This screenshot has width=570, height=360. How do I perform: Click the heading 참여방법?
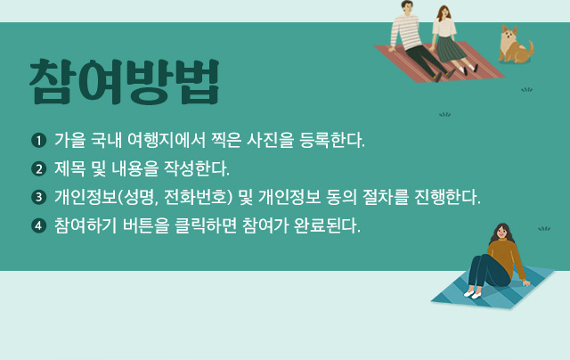click(x=125, y=82)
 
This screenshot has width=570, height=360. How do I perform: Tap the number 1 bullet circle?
click(x=39, y=141)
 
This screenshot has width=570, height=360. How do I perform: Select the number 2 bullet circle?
click(x=39, y=169)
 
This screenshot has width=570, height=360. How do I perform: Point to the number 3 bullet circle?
click(x=39, y=198)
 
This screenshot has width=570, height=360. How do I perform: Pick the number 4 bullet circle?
click(x=39, y=225)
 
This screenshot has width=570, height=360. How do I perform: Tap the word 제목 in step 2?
click(x=69, y=168)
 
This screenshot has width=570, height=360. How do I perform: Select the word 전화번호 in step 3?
click(x=195, y=197)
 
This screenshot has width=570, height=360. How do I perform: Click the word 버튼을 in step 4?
click(x=146, y=225)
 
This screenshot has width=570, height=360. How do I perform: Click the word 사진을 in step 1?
click(x=270, y=141)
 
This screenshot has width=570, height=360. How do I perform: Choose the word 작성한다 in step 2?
click(x=197, y=168)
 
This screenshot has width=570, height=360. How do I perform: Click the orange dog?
click(x=515, y=45)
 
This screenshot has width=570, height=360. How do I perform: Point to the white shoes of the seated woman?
click(x=473, y=294)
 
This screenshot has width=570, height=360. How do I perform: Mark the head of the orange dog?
click(x=510, y=34)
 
